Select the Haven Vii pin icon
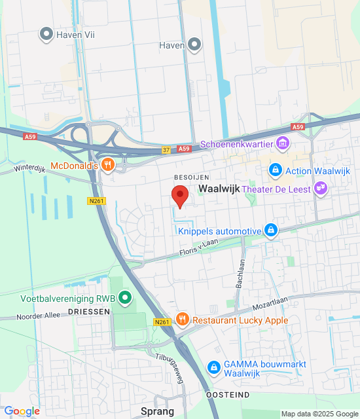pos(46,34)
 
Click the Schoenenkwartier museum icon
pos(283,143)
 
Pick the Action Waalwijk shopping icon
pos(276,172)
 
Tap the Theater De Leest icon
pos(320,189)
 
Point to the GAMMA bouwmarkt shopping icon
pos(213,368)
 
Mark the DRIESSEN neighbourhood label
pos(88,312)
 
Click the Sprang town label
pos(157,411)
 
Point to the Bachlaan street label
pos(240,272)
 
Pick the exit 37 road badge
pos(167,150)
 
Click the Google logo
pos(22,410)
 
